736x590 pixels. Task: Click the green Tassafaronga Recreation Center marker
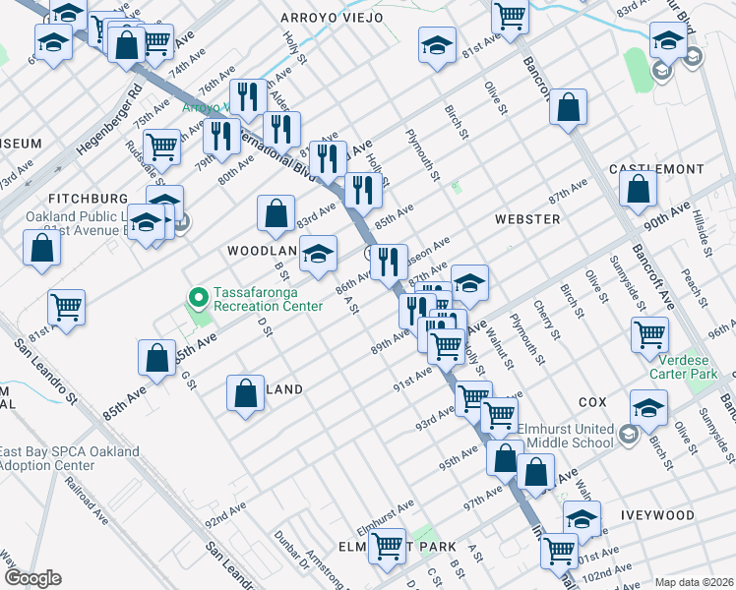click(197, 295)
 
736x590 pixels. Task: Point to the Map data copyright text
click(693, 582)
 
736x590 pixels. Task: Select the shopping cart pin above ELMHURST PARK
click(387, 544)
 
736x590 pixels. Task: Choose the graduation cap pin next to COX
click(648, 406)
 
